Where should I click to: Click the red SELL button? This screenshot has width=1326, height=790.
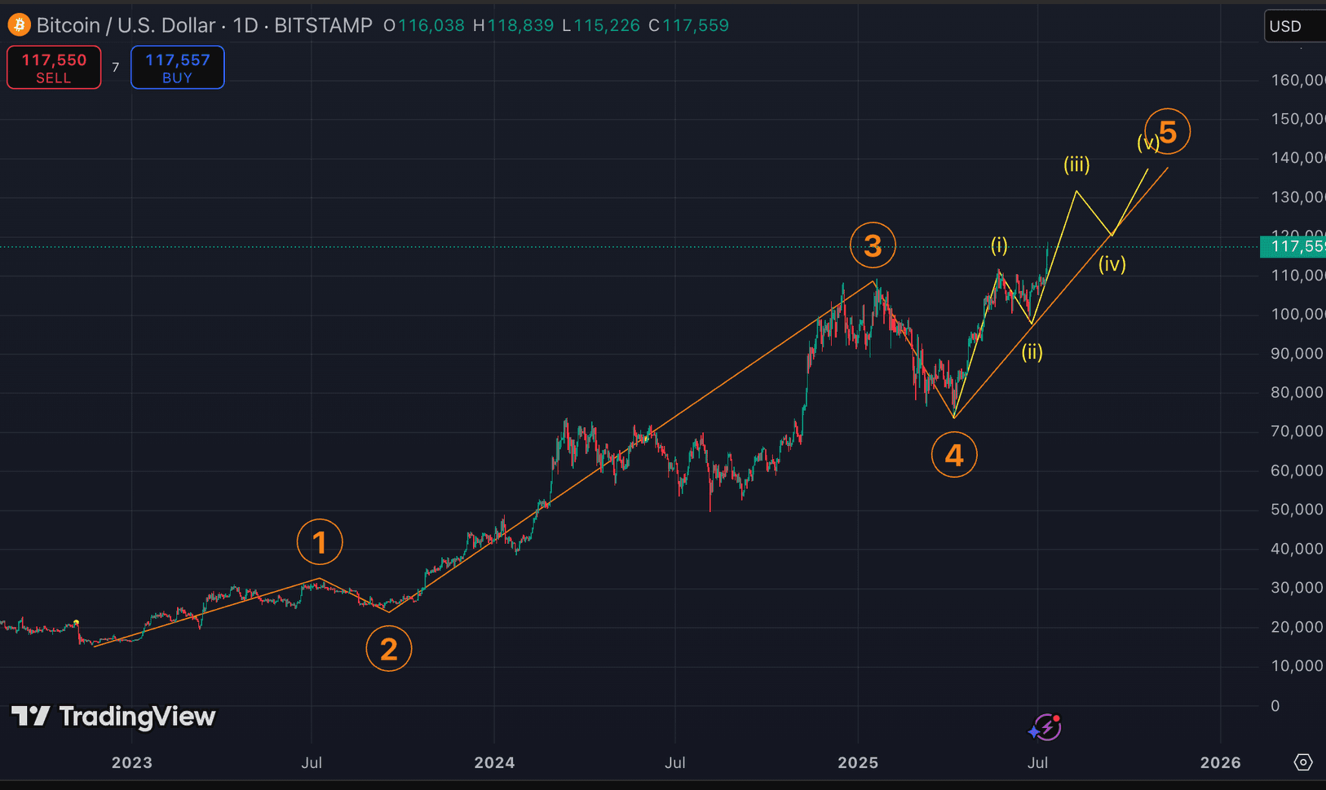(54, 68)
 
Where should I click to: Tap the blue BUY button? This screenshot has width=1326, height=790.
(177, 68)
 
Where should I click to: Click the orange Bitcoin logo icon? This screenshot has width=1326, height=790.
(19, 25)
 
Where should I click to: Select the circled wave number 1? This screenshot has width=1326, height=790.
(320, 542)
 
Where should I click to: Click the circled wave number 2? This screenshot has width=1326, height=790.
(389, 649)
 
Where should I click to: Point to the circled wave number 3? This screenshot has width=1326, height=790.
(873, 245)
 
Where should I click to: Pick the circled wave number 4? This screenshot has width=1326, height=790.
(954, 455)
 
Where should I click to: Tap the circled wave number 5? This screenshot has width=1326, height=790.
(1168, 132)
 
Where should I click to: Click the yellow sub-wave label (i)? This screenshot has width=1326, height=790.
(999, 245)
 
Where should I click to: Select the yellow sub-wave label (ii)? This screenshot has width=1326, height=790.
(1032, 352)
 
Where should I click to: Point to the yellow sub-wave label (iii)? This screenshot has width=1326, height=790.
(1076, 166)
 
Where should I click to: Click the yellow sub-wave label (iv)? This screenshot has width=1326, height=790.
(1112, 264)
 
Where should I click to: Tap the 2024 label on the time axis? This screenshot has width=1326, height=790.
(494, 763)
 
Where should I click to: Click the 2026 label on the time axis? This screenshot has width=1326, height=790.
(1221, 763)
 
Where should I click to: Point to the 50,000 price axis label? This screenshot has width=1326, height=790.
(1297, 510)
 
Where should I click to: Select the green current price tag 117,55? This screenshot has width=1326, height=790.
(1293, 246)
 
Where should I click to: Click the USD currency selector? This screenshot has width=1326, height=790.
(1293, 26)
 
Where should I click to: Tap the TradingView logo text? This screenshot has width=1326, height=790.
(114, 717)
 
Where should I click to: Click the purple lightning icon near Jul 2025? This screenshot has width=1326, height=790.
(1045, 727)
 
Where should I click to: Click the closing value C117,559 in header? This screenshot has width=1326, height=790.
(689, 25)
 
